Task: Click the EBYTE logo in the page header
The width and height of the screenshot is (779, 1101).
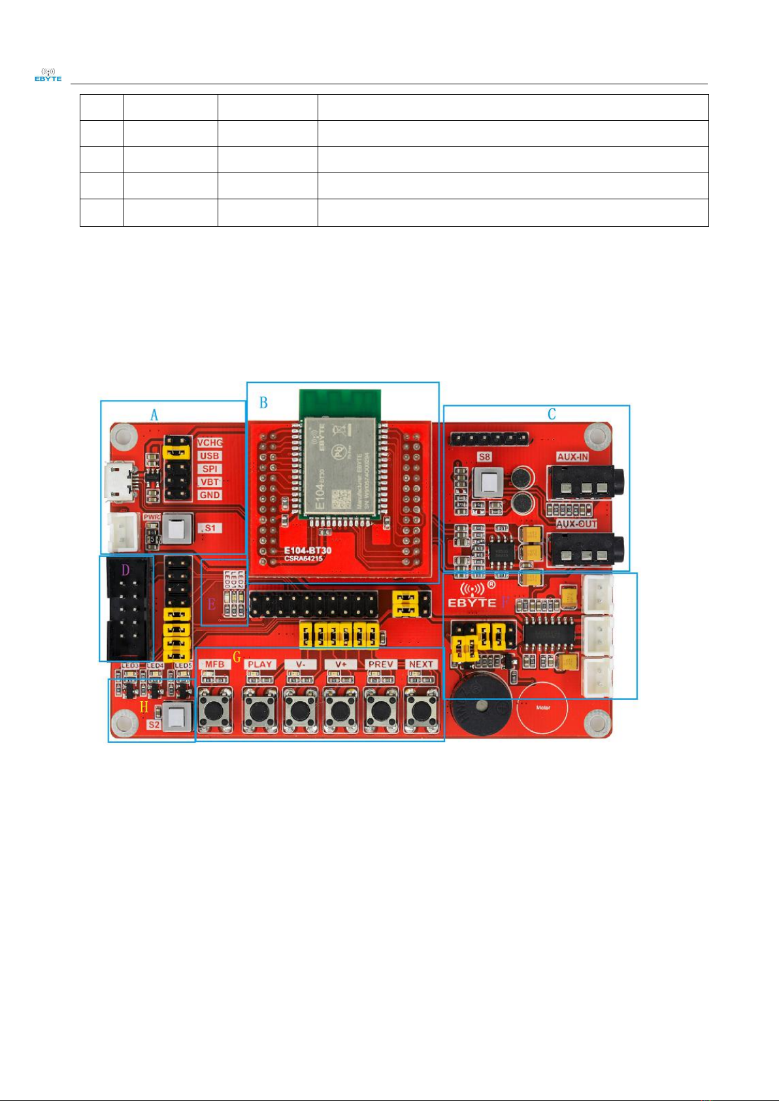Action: [48, 74]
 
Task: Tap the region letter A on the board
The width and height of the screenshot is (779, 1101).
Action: [154, 415]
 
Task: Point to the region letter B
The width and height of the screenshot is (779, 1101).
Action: [263, 403]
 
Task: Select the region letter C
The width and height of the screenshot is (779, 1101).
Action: [552, 414]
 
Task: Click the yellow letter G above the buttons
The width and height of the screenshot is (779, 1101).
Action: [237, 657]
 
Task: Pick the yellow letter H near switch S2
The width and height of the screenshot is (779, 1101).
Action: [144, 706]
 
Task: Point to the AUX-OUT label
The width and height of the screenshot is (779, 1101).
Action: [576, 524]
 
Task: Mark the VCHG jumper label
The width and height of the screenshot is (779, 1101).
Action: [210, 443]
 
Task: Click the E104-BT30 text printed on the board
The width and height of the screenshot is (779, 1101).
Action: [307, 550]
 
